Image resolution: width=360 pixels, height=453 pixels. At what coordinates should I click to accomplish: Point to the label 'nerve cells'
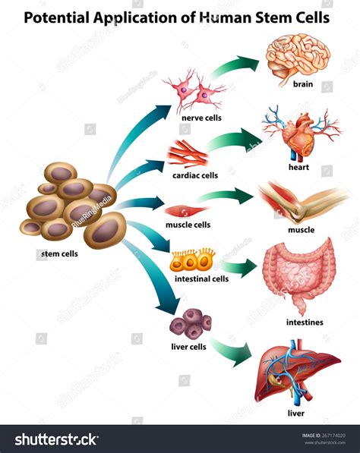click(201, 118)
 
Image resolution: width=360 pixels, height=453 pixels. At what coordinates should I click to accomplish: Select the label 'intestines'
click(305, 322)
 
